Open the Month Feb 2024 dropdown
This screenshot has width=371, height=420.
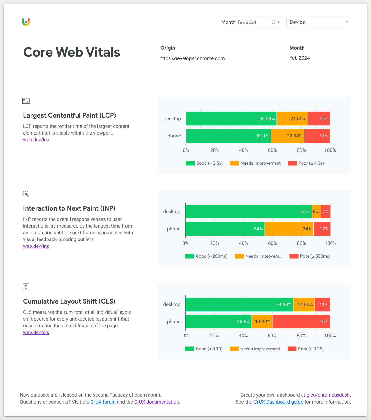250,22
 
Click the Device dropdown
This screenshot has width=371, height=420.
318,22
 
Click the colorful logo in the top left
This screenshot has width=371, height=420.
26,22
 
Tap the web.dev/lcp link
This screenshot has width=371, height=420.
36,140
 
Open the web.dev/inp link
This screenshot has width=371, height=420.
36,246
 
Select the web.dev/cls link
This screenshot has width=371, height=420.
36,332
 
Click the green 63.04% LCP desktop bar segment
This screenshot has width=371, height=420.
231,119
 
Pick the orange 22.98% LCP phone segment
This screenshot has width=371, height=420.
288,136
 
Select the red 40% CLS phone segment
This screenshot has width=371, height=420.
301,322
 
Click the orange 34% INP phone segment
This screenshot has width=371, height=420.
289,229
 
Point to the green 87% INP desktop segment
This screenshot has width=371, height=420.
248,212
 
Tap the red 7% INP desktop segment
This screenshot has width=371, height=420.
325,212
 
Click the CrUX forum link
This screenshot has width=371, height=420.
103,402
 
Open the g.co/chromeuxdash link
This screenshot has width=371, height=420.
328,395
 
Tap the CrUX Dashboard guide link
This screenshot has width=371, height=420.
278,402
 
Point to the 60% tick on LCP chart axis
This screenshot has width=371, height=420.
272,150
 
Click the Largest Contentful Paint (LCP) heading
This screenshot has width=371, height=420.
69,115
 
